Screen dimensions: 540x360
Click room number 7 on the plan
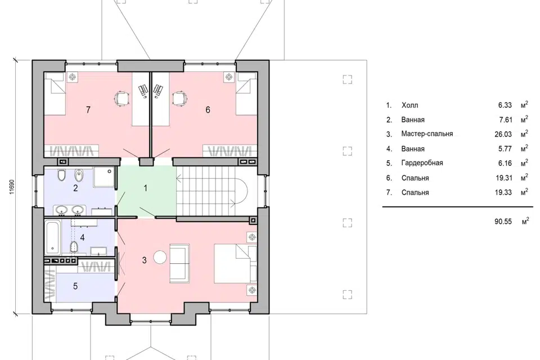coord(88,110)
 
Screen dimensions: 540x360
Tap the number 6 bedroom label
coord(208,110)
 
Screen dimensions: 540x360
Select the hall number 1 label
coord(145,188)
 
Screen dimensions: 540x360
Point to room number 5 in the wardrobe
coord(75,286)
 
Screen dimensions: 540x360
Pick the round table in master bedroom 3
coord(160,257)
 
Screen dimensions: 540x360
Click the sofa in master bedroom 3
coord(179,264)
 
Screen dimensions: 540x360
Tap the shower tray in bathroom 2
coord(103,177)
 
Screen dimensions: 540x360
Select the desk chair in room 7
coord(122,98)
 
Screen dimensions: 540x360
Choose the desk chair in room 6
coord(180,98)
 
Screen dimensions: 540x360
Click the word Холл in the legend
coord(410,105)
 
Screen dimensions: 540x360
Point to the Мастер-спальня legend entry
coord(427,134)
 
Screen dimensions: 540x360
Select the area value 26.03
coord(503,134)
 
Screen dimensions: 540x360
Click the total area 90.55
coord(503,221)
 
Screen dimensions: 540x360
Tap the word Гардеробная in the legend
coord(422,163)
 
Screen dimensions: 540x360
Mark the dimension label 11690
coord(12,187)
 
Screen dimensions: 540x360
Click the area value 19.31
coord(503,178)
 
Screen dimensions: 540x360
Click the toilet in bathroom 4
coord(73,247)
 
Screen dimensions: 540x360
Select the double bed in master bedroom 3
coord(236,264)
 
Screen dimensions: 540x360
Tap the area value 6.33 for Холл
coord(505,105)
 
